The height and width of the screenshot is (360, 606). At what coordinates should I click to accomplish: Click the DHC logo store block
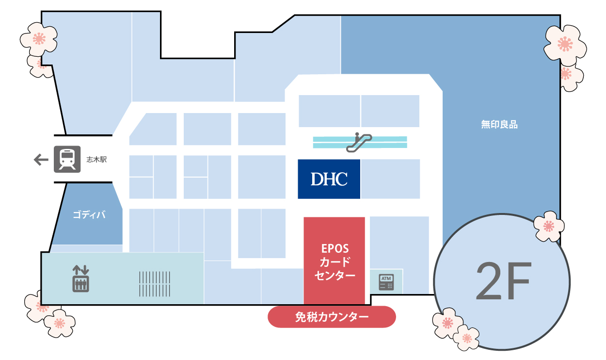(329, 179)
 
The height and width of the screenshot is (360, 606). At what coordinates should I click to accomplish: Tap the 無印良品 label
(499, 125)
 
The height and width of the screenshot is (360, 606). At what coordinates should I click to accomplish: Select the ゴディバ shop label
(89, 215)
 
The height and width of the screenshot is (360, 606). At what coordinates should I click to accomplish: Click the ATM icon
(386, 282)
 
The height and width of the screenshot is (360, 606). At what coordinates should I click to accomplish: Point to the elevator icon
(80, 284)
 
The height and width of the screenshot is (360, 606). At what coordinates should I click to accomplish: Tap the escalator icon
(359, 142)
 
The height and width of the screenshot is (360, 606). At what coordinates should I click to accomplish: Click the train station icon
(67, 159)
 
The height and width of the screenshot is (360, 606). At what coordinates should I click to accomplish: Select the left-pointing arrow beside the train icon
(41, 160)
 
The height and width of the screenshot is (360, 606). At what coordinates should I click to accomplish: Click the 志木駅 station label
(96, 160)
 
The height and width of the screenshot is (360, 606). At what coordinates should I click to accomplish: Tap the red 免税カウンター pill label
(332, 317)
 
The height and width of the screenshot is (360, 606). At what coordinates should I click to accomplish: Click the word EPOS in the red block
(335, 248)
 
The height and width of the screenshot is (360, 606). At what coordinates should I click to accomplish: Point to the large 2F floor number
(504, 281)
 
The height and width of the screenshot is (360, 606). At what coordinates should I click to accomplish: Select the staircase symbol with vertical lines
(155, 284)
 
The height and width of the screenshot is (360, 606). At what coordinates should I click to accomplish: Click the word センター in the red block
(335, 276)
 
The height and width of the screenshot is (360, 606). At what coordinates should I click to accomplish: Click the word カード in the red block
(335, 262)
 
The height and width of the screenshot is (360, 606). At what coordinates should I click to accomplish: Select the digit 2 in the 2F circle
(489, 281)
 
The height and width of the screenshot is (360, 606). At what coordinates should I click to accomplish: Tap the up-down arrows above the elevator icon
(80, 270)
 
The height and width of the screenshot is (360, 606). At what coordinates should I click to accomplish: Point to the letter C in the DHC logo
(341, 179)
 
